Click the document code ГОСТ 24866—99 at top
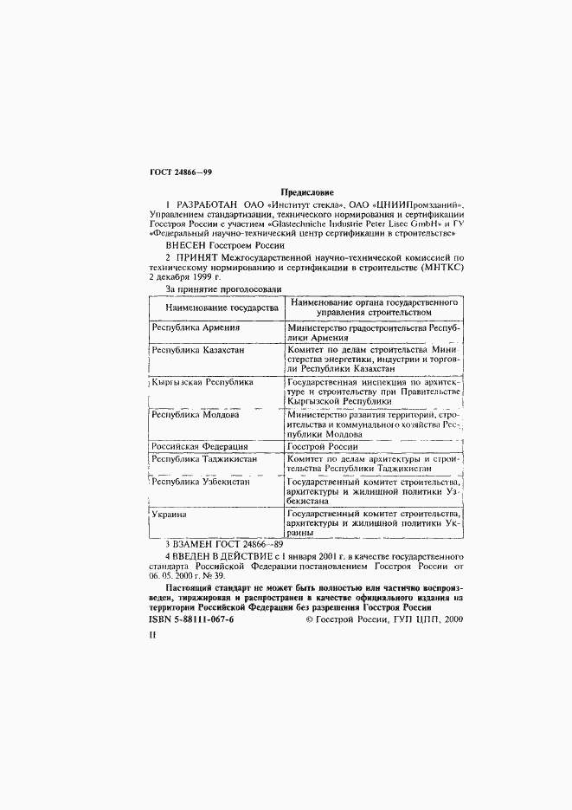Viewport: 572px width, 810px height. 181,174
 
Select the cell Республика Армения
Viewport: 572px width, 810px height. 196,328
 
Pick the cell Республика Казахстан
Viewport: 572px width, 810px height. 198,350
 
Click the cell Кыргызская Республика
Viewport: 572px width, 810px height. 202,382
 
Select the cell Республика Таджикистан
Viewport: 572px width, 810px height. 203,458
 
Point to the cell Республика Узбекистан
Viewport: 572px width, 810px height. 201,481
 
